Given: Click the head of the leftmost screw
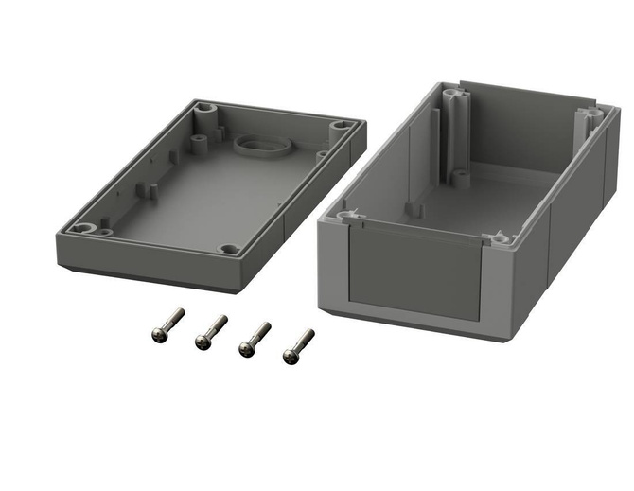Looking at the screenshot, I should pos(159,333).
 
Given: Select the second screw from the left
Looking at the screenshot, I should pos(211,332).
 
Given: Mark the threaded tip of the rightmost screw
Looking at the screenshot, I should pos(309,334).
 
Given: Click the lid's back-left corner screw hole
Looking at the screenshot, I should pos(205,109).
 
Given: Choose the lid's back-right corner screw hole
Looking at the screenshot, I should pos(340,125).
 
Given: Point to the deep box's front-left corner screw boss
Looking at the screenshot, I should pos(345,216).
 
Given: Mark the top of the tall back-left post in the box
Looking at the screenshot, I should pos(454,96).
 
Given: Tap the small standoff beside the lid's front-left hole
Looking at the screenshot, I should pos(105,228).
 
